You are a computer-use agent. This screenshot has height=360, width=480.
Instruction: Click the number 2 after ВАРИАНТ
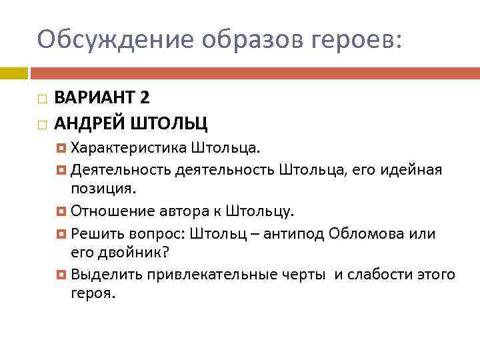[145, 97]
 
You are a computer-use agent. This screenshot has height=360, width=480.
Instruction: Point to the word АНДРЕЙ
[85, 123]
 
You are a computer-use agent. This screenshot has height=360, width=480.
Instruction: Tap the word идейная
[411, 169]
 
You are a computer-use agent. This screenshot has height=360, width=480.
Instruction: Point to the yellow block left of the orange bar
[14, 71]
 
